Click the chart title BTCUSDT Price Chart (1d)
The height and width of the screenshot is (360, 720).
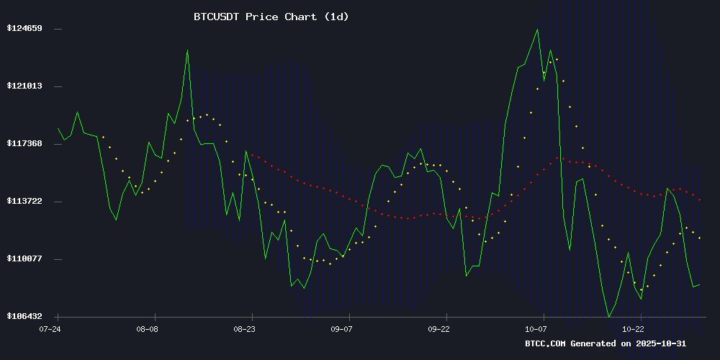click(x=271, y=16)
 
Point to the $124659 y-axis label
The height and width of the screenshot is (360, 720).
click(x=24, y=29)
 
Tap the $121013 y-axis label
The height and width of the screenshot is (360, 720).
click(x=24, y=86)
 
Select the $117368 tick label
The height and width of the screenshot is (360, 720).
click(x=24, y=144)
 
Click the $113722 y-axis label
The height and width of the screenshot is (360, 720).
click(x=24, y=202)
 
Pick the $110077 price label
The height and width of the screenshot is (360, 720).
click(x=24, y=259)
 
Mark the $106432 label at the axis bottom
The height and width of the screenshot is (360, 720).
click(x=24, y=317)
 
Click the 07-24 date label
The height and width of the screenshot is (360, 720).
click(x=50, y=328)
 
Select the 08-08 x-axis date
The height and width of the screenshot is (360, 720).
click(x=147, y=328)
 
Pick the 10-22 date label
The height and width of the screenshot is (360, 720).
click(x=634, y=328)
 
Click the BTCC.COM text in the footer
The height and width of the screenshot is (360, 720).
click(x=545, y=343)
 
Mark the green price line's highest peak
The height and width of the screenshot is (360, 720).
click(x=537, y=30)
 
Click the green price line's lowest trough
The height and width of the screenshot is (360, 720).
click(x=609, y=316)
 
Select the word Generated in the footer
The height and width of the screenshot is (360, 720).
click(x=593, y=343)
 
